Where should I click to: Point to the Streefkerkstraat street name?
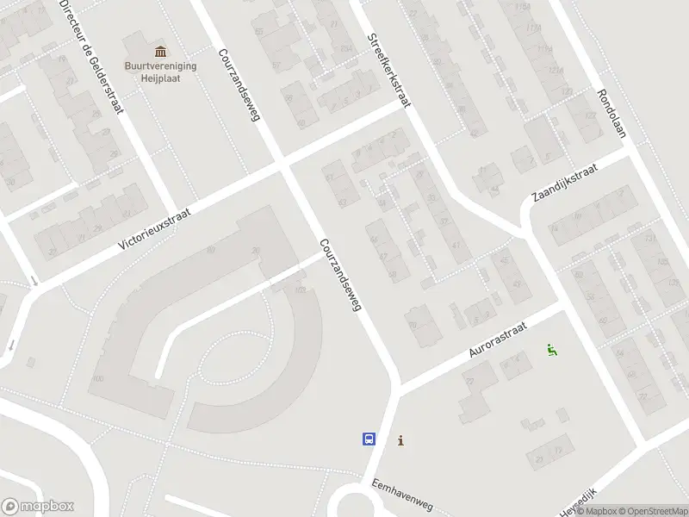pyautogui.click(x=388, y=70)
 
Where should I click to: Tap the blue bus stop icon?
pyautogui.click(x=369, y=439)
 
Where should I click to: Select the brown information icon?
pyautogui.click(x=400, y=440)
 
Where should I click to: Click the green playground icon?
pyautogui.click(x=551, y=349)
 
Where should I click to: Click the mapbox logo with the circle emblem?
pyautogui.click(x=37, y=507)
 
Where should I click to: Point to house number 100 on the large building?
pyautogui.click(x=96, y=378)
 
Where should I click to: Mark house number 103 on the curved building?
pyautogui.click(x=300, y=290)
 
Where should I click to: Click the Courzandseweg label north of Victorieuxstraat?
pyautogui.click(x=239, y=84)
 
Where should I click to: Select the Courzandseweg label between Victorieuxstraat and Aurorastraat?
pyautogui.click(x=338, y=275)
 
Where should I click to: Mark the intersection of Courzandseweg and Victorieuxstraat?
pyautogui.click(x=284, y=163)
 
